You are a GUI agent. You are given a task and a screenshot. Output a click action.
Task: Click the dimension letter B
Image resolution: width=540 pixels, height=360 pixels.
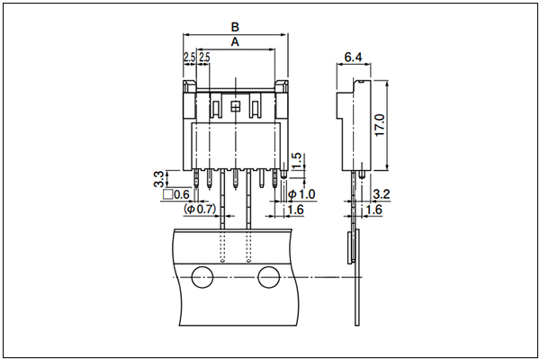click(x=235, y=28)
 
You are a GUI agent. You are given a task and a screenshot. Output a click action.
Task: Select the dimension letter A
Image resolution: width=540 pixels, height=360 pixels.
click(x=235, y=42)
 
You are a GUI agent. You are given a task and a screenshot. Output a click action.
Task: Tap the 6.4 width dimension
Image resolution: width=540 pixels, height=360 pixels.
click(x=354, y=58)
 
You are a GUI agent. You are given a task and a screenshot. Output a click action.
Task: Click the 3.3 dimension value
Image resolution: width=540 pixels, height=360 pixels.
click(x=158, y=177)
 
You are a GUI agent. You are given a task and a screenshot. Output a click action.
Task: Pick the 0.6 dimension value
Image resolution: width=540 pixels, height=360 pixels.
click(x=181, y=194)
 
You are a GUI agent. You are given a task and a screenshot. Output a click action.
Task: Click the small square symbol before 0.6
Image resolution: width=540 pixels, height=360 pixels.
click(x=166, y=194)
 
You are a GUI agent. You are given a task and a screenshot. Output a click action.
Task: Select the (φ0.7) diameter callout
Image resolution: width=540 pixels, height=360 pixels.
click(x=201, y=210)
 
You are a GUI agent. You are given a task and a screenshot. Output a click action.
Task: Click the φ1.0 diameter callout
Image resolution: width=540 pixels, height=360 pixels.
click(x=301, y=194)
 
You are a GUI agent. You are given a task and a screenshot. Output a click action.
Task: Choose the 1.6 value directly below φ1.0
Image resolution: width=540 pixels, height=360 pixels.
click(x=294, y=210)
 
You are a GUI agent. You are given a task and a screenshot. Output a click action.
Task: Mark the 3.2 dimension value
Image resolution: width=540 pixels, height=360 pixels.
click(x=380, y=194)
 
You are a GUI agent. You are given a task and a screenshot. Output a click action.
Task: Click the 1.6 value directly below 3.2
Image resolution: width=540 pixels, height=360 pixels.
click(x=374, y=210)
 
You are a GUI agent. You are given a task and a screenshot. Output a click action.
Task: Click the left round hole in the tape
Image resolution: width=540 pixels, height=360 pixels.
click(x=201, y=278)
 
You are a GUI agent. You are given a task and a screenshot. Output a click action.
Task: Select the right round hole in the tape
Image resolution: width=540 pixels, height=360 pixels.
click(x=268, y=278)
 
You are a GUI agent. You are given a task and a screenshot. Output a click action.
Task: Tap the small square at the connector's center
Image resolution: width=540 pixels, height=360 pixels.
click(x=235, y=107)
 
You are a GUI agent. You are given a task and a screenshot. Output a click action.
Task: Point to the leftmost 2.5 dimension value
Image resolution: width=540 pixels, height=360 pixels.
click(x=190, y=58)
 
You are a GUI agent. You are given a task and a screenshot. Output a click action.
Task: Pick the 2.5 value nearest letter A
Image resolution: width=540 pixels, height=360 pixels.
click(x=204, y=58)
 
